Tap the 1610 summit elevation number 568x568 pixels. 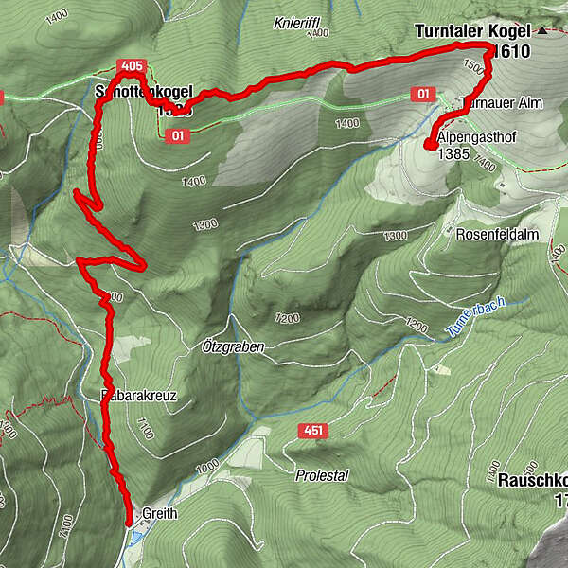tap(514, 51)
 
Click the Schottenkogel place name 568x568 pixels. tap(144, 92)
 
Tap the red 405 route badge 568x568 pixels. tap(133, 65)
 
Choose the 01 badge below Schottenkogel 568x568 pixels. tap(177, 135)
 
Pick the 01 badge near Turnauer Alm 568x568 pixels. tap(423, 95)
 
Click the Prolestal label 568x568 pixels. tap(322, 475)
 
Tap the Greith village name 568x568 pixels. tap(160, 514)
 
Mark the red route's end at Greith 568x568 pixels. tap(129, 520)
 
